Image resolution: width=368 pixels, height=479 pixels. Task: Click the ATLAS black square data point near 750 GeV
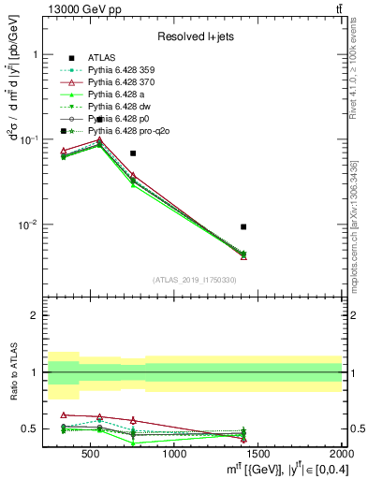pos(133,152)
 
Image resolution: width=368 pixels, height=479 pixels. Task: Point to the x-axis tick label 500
pos(91,456)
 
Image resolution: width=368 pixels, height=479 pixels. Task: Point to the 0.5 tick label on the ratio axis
pos(28,429)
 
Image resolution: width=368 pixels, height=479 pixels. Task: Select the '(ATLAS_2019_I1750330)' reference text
pos(195,280)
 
